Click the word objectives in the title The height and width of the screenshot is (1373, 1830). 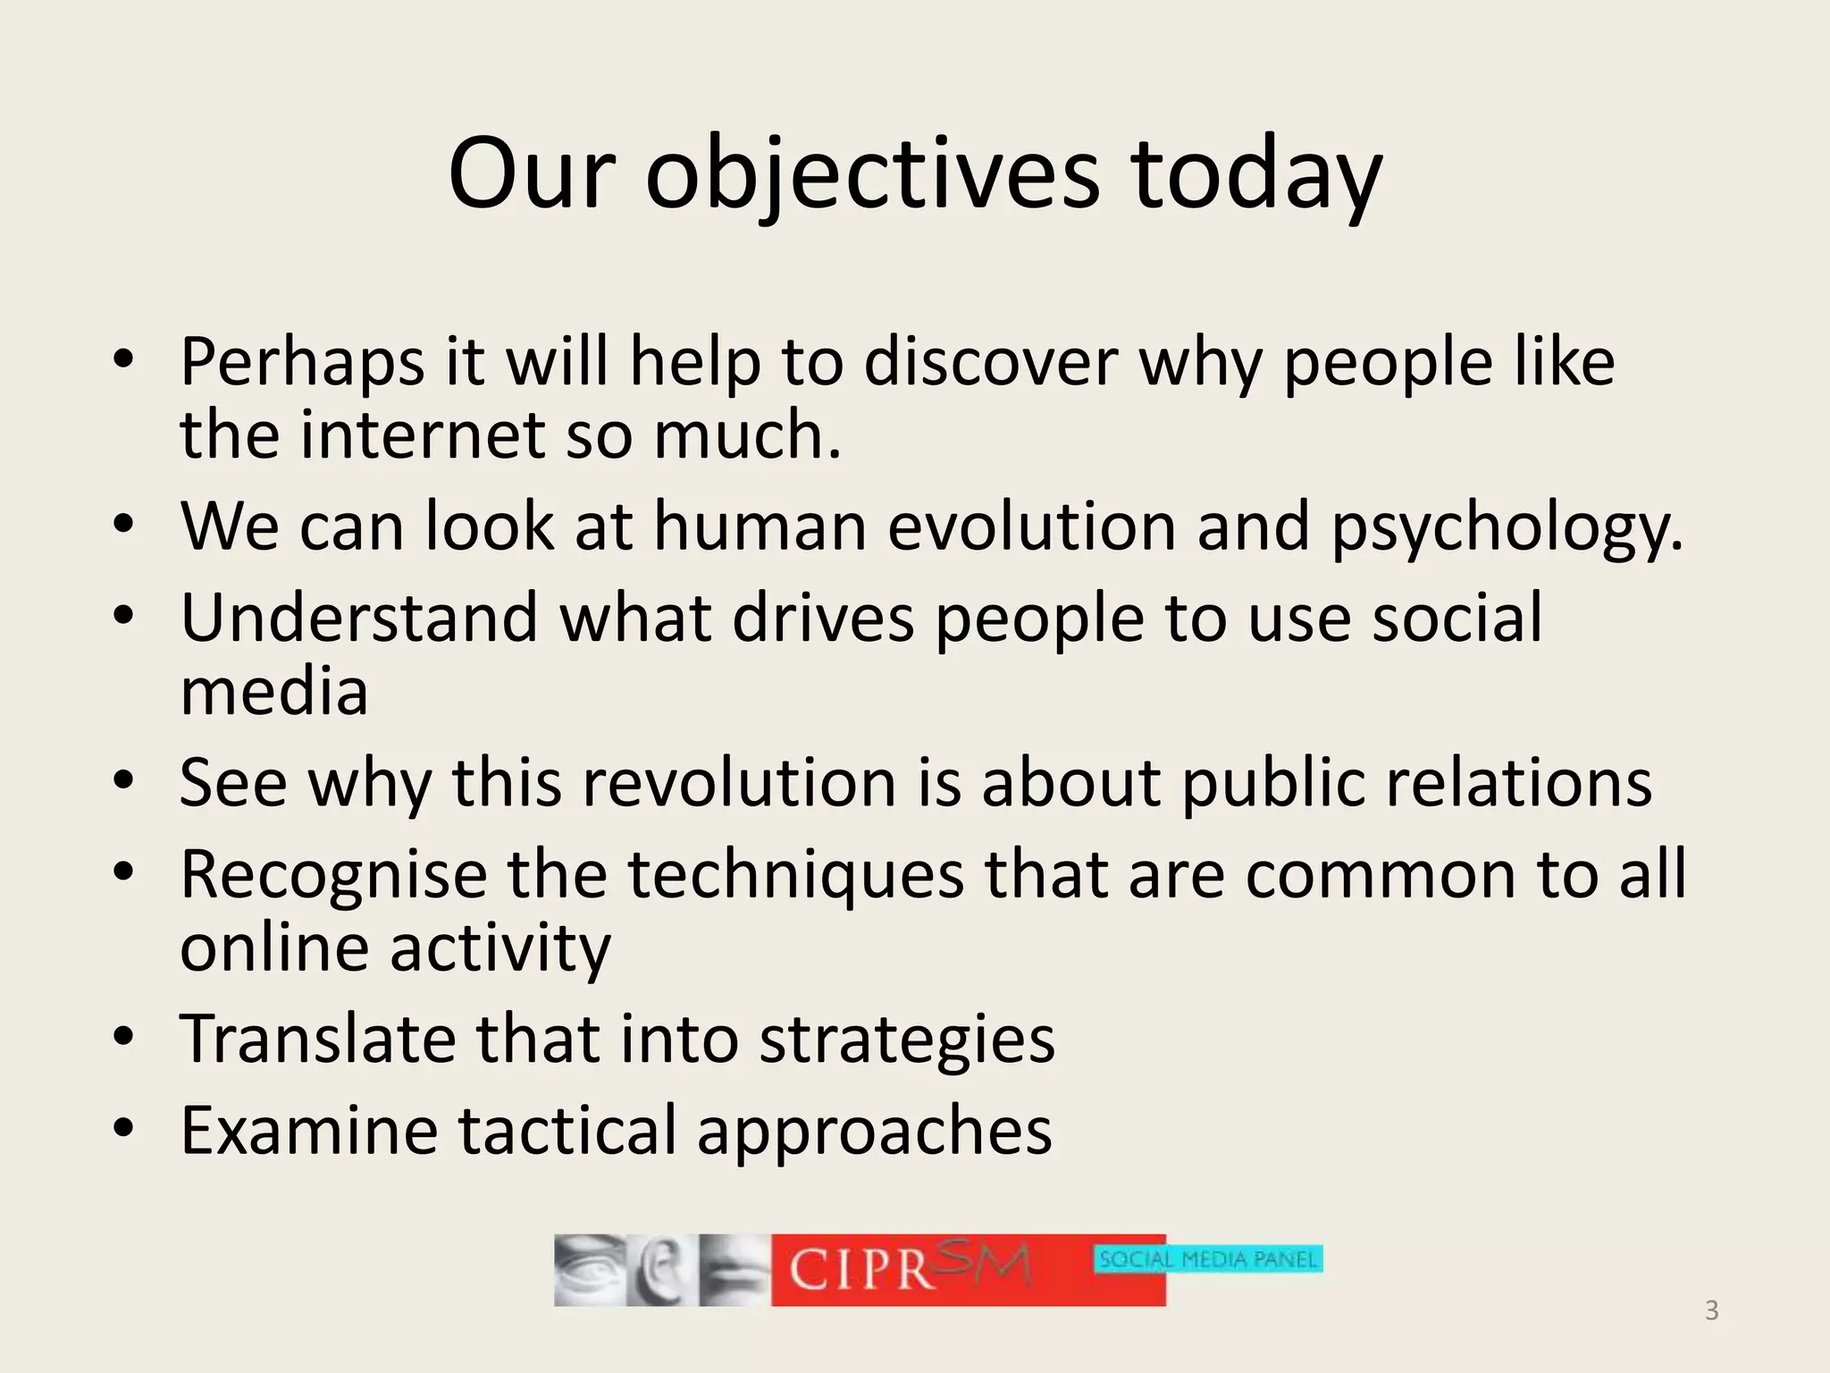point(872,174)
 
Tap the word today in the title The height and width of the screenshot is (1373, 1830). point(1255,174)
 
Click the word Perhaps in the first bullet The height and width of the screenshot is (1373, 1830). point(302,362)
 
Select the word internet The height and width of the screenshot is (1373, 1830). point(422,435)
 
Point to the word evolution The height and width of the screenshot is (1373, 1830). point(1031,526)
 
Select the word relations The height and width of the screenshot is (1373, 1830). point(1518,783)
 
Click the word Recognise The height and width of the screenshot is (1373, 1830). point(332,875)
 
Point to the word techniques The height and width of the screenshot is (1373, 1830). point(795,875)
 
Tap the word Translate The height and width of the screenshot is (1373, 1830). point(316,1039)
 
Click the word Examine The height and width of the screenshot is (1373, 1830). point(308,1131)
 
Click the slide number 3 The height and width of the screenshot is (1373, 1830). point(1711,1310)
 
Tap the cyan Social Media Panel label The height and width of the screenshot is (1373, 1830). point(1208,1259)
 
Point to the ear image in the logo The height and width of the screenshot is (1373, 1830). point(659,1269)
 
